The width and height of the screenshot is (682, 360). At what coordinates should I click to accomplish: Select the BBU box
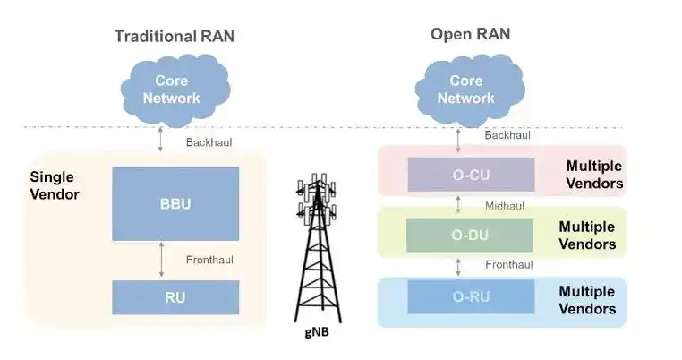(x=175, y=203)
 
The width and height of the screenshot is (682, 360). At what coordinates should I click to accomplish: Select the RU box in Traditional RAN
(x=175, y=297)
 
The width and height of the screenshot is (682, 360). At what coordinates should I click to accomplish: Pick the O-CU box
(x=470, y=174)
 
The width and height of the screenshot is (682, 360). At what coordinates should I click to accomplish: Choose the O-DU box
(x=470, y=235)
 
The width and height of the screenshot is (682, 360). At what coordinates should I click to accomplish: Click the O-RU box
(x=470, y=296)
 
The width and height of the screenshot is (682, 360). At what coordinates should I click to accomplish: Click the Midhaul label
(x=504, y=206)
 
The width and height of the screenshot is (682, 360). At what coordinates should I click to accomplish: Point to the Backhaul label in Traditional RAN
(x=209, y=143)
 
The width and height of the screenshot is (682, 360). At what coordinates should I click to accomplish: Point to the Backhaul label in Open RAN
(x=507, y=135)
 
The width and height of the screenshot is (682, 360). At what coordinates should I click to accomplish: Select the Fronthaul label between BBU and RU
(x=209, y=261)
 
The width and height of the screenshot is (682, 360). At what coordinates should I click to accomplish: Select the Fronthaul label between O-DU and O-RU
(x=508, y=265)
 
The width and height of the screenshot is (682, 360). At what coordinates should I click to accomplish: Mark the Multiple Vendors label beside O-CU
(x=593, y=175)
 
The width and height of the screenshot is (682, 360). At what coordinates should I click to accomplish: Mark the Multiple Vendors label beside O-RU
(x=587, y=300)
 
